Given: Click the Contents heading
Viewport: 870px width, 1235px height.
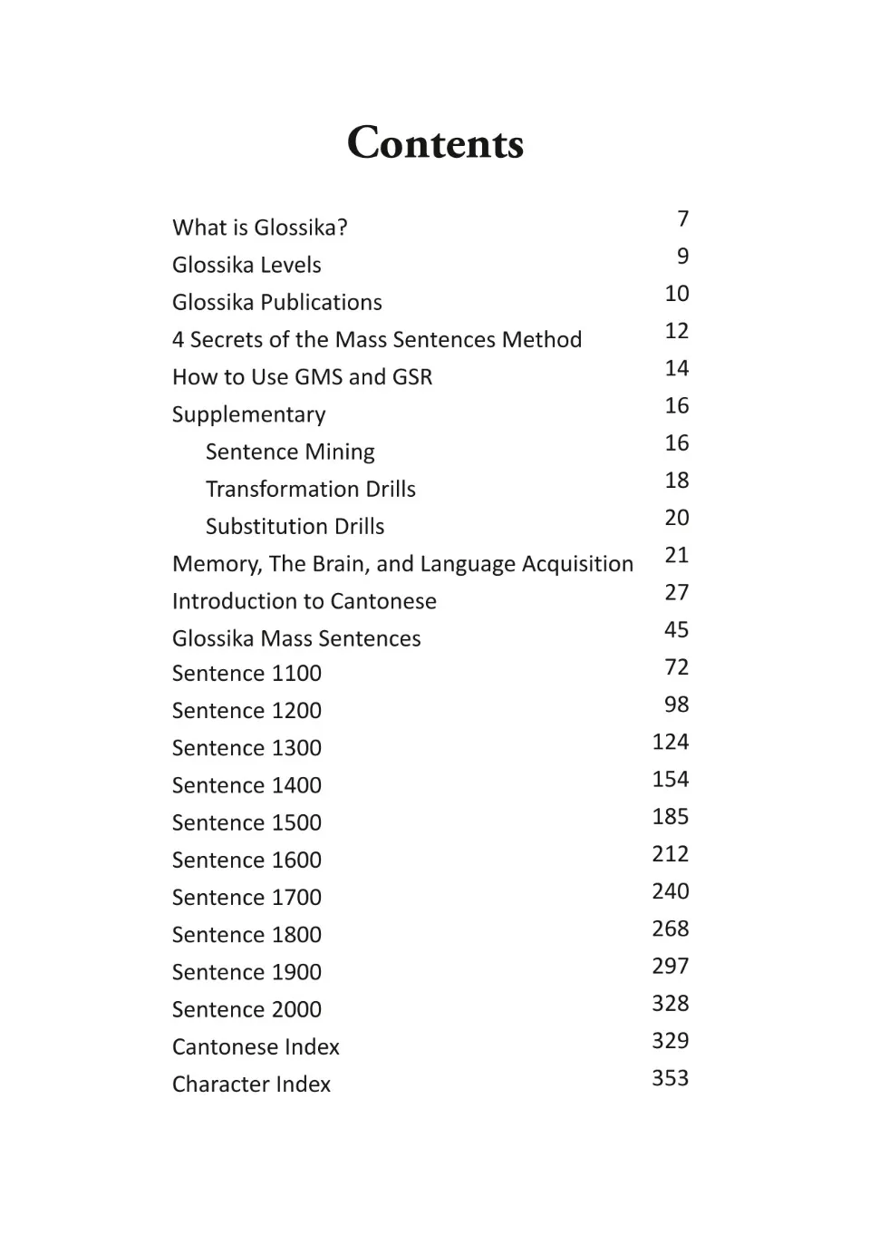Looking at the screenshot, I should point(435,143).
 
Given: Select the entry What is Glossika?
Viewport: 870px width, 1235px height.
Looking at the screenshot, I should point(259,228).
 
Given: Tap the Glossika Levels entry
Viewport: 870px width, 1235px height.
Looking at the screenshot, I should point(246,265).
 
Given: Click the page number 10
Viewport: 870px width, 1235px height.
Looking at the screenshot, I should point(676,294).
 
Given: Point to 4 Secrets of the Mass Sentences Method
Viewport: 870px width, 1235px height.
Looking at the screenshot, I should point(376,340).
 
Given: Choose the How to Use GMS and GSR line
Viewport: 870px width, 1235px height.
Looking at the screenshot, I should point(302,377).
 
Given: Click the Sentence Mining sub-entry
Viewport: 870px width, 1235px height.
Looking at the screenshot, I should point(290,452).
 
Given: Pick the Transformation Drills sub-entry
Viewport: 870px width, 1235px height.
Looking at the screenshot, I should point(310,490).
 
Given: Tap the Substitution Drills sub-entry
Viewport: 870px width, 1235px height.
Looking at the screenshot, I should point(295,527).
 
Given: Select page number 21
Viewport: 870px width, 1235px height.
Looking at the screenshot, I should point(676,555).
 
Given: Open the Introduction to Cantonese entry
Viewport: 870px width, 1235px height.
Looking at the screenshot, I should point(304,601).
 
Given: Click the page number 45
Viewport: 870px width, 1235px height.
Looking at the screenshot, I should point(676,630).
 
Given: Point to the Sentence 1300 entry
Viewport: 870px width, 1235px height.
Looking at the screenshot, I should point(246,748).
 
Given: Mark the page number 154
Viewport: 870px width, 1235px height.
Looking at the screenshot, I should point(670,780).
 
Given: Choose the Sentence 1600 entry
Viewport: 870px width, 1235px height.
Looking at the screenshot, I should point(246,861).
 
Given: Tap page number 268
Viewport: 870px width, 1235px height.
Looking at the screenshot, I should point(670,929).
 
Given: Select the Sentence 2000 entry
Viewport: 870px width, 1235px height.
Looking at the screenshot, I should point(246,1009).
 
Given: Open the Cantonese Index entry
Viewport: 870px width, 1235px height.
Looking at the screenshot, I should point(256,1047).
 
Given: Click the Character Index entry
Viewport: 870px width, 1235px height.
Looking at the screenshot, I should point(251,1084).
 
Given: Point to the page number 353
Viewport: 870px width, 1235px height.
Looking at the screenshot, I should point(670,1078).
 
